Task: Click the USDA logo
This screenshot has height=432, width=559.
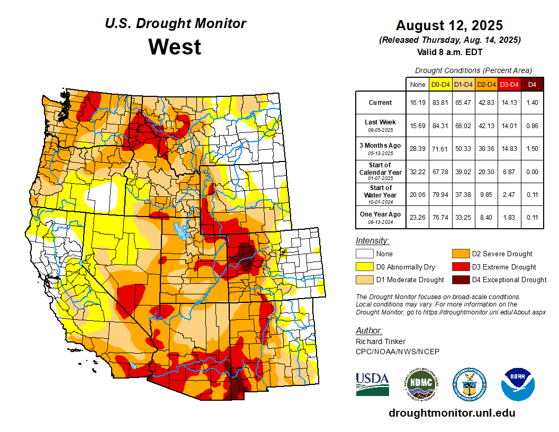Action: pos(372,384)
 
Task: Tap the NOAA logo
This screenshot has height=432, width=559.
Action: pos(518,384)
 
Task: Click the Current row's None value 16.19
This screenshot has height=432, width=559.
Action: pos(418,103)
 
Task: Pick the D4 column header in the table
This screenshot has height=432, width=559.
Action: pos(533,85)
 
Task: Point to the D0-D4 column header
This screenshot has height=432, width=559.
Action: pos(440,85)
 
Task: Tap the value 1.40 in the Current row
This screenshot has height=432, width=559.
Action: pos(533,103)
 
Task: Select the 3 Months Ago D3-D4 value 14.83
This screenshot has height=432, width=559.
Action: pos(509,149)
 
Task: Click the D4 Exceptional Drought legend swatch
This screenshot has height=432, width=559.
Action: pos(459,280)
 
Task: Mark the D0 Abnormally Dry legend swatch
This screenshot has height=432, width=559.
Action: pos(364,267)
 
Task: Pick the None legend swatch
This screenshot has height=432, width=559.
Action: pos(364,254)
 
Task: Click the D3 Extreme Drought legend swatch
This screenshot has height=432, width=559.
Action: pos(459,267)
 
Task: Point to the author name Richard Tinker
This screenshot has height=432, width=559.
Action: pos(381,341)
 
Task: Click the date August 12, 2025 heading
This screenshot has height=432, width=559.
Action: pos(449,25)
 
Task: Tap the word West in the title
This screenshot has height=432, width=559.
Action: pos(175,47)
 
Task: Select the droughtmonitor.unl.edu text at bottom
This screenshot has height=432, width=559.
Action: pos(452,413)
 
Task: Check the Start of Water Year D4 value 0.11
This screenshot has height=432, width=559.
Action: pos(533,195)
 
